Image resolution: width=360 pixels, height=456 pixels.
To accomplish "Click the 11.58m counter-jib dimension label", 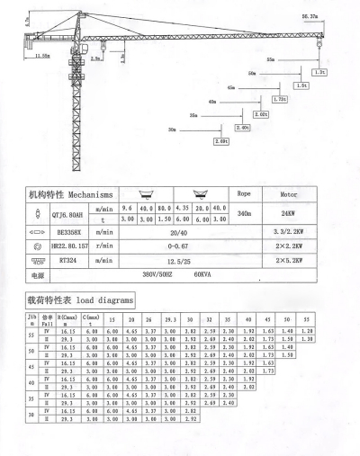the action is [x=39, y=55].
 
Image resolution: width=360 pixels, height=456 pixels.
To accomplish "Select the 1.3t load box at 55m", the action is [x=319, y=72].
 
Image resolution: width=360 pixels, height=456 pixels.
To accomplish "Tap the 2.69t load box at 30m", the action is [x=221, y=141].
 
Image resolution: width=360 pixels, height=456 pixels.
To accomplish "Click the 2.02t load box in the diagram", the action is [x=261, y=114].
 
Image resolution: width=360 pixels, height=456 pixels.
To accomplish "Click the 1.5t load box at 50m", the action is [x=300, y=85].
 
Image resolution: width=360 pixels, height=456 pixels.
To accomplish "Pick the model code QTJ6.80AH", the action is [x=66, y=213].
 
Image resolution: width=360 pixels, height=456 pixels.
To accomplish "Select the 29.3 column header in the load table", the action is [x=171, y=319].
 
